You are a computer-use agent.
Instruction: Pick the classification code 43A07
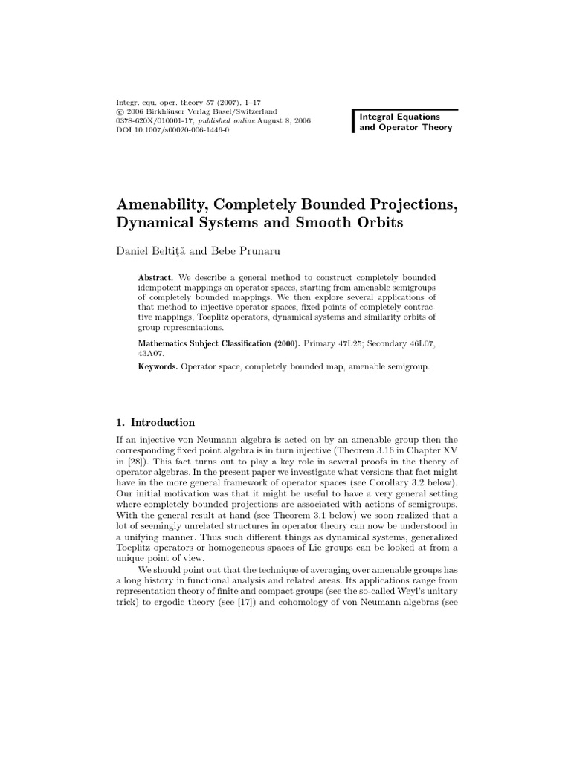point(151,354)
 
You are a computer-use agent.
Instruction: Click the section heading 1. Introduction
point(155,422)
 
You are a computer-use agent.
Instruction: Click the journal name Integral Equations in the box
point(400,117)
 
